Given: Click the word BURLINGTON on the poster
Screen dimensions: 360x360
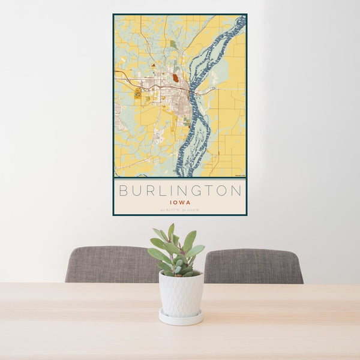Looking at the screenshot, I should [x=180, y=191].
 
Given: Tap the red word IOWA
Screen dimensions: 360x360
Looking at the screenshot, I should [x=180, y=203].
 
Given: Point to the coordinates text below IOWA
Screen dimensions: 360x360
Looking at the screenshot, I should [x=180, y=209].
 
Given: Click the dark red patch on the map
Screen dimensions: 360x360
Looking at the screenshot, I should [x=175, y=77].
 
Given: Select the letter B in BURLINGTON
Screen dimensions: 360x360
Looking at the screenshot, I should [x=123, y=191].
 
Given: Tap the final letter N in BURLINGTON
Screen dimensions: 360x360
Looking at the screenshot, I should [x=236, y=191].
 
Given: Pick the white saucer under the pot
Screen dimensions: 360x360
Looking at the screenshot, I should [x=181, y=318].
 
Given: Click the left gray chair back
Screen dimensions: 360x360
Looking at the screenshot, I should [x=111, y=265].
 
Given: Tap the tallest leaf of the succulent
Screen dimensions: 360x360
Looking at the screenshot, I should [x=171, y=232].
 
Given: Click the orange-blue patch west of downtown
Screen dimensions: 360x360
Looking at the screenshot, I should [x=138, y=93].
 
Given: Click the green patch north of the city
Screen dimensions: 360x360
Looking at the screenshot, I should [x=173, y=44].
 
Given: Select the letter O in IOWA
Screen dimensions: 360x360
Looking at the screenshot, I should [x=176, y=203].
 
